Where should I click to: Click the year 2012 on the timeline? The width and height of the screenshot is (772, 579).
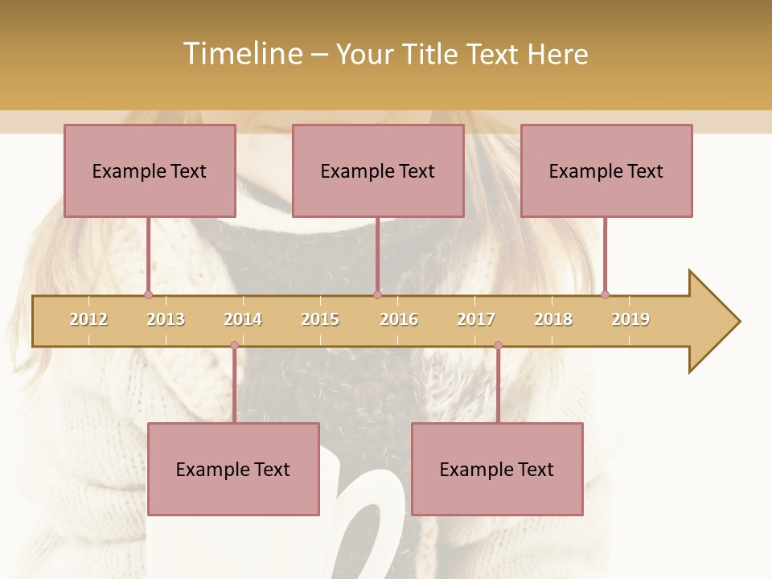88,319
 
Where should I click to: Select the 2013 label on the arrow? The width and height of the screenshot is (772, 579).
166,319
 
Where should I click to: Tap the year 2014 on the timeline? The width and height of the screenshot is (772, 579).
243,319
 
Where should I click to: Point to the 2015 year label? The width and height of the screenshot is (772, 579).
320,319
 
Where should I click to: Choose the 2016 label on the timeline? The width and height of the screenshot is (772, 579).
399,319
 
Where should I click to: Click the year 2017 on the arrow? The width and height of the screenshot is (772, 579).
476,319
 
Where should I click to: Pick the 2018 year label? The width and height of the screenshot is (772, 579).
553,319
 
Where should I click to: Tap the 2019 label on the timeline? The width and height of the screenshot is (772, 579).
630,319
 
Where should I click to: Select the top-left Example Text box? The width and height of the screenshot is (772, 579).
150,170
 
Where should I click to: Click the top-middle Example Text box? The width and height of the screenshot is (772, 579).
378,170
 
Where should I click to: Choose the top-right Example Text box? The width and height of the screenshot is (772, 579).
606,170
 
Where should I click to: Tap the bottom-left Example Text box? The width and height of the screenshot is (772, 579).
233,470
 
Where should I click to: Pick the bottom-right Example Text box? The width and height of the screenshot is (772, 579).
497,470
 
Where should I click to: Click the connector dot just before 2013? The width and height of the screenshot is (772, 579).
148,294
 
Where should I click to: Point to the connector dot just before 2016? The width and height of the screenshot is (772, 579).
377,294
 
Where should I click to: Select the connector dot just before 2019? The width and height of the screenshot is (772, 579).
605,294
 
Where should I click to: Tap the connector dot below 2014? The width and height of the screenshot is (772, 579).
234,346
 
